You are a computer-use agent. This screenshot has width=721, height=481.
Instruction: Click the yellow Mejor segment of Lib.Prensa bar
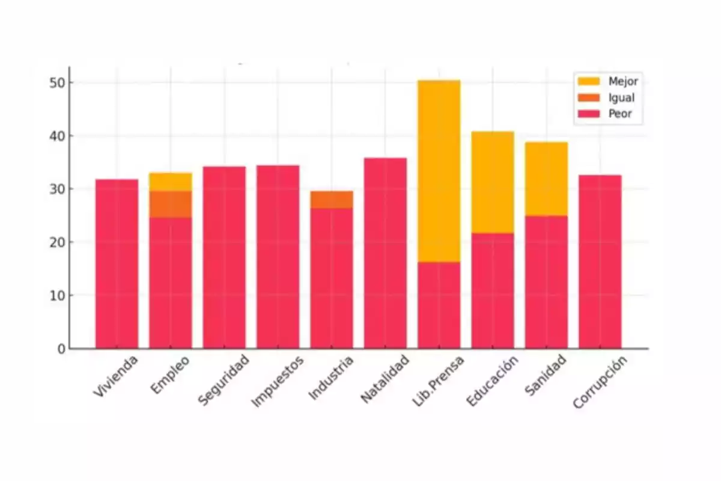[x=439, y=171]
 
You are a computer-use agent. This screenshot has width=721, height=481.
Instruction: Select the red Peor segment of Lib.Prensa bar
[x=439, y=305]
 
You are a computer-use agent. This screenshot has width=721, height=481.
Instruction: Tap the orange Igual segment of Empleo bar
[x=171, y=204]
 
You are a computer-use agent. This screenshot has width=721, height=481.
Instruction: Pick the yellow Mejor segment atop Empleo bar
[x=171, y=182]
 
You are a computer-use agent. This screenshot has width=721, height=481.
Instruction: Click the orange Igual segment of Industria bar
[x=332, y=200]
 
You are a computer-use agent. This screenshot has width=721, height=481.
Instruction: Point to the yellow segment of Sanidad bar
[x=546, y=179]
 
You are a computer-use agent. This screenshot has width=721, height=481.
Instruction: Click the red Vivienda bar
[x=117, y=265]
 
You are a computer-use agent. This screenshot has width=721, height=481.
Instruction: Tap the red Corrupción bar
[x=600, y=262]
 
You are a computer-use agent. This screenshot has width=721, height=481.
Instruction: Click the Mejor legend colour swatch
[x=589, y=81]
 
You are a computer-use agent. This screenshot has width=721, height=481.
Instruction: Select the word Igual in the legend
[x=621, y=98]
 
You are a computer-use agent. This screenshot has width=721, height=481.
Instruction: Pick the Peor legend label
[x=620, y=114]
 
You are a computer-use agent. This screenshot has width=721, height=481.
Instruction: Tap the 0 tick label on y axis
[x=61, y=349]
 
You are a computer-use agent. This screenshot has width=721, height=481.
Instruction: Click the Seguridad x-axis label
[x=223, y=381]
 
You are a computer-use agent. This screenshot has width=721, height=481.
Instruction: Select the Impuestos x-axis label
[x=278, y=382]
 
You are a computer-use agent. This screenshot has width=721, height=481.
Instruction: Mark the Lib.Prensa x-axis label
[x=439, y=382]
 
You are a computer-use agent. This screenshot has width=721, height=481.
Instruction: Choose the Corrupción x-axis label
[x=600, y=383]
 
